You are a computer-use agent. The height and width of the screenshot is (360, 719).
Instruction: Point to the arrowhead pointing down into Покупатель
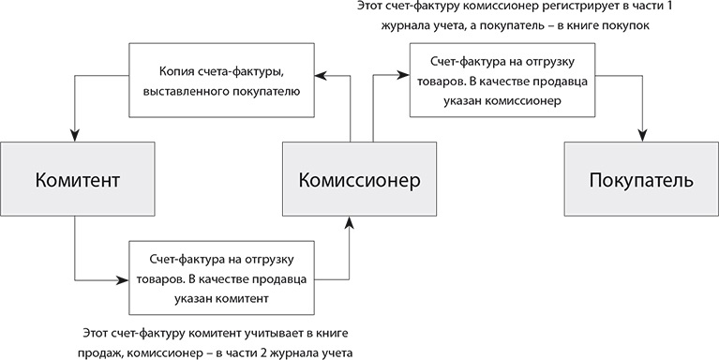641,137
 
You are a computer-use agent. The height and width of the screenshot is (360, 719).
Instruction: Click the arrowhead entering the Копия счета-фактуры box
319,72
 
